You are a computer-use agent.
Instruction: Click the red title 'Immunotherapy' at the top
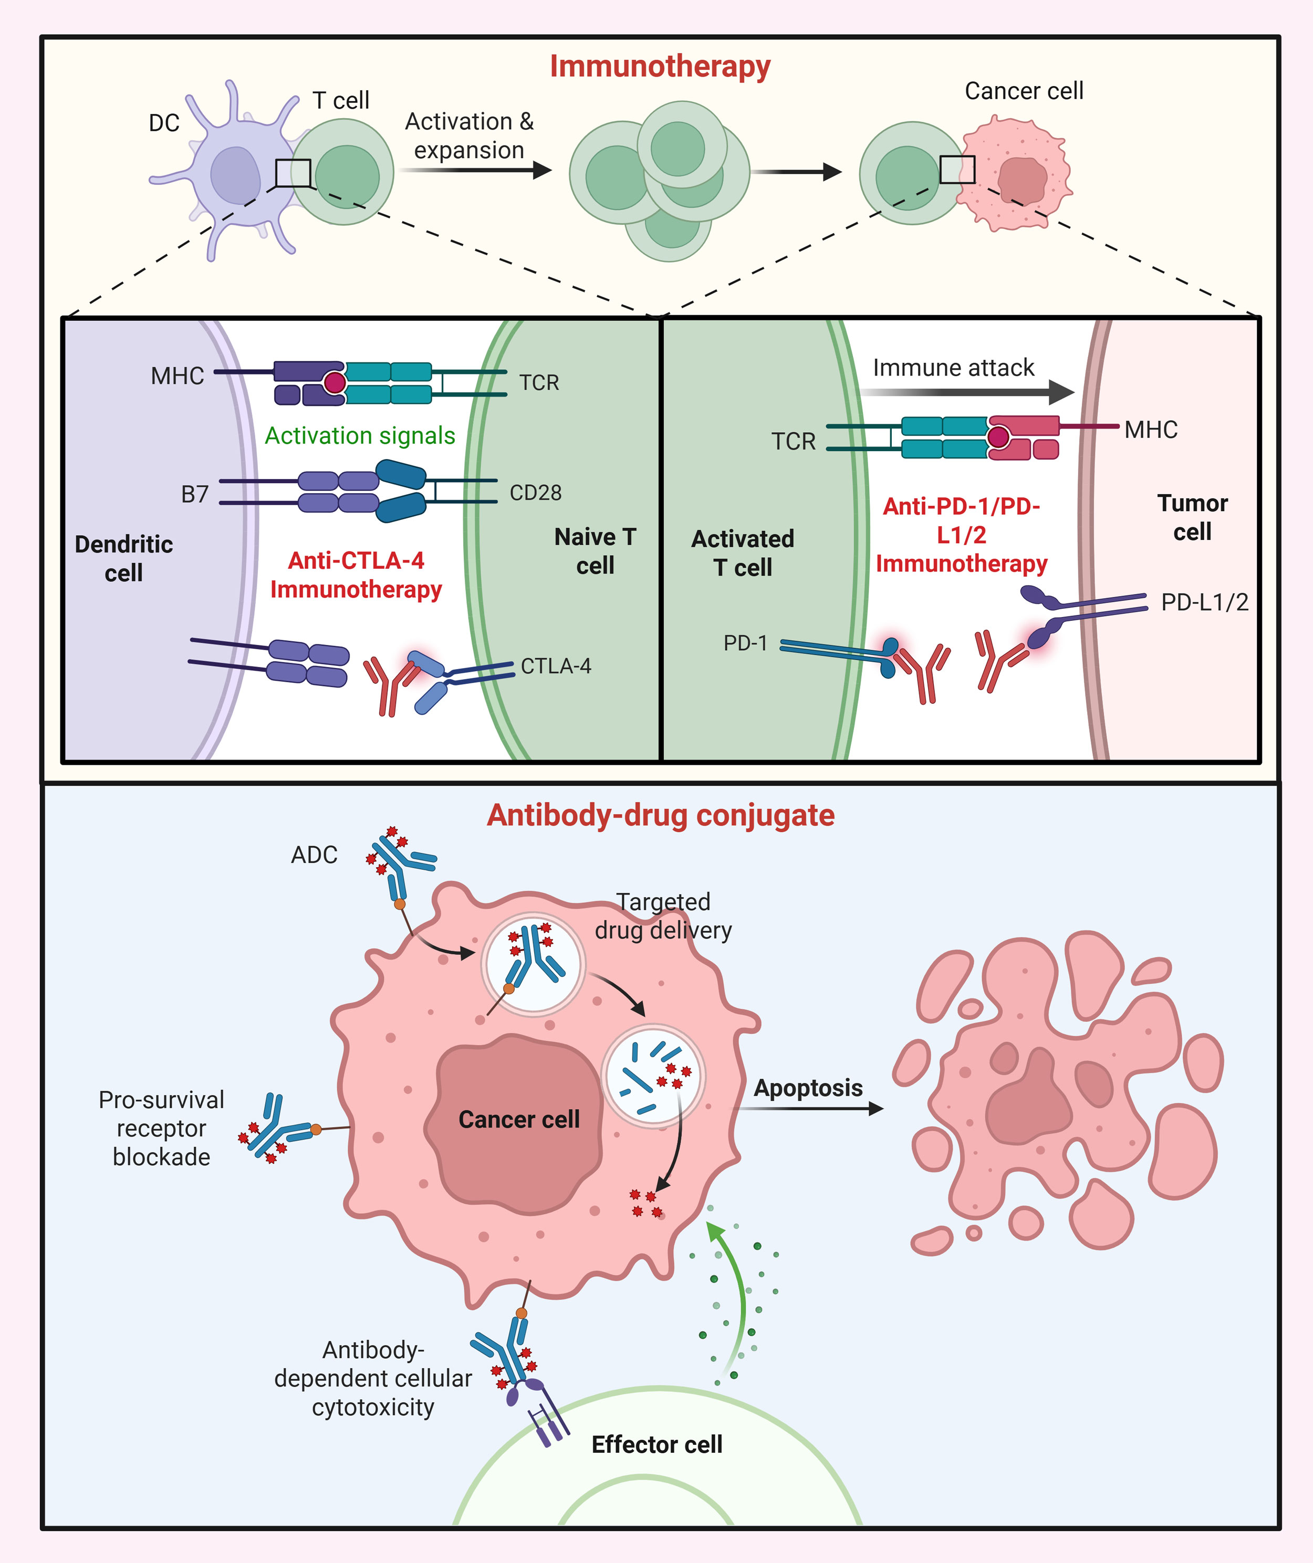click(x=660, y=66)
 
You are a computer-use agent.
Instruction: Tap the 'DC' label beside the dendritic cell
click(x=164, y=123)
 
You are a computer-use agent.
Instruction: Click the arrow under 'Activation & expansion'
click(x=476, y=171)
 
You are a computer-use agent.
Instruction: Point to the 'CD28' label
click(x=535, y=493)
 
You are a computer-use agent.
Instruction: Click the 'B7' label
click(x=195, y=494)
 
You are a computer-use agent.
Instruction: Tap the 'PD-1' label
click(x=745, y=643)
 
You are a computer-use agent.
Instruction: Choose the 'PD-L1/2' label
click(x=1204, y=602)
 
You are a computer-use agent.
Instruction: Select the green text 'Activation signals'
click(x=360, y=435)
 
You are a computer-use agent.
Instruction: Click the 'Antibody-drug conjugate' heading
click(x=660, y=816)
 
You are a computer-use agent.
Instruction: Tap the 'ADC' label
click(x=314, y=855)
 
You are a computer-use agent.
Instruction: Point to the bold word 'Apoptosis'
click(x=808, y=1088)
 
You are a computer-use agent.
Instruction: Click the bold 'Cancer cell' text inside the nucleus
click(x=519, y=1119)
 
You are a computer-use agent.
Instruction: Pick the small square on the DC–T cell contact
click(x=293, y=173)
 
